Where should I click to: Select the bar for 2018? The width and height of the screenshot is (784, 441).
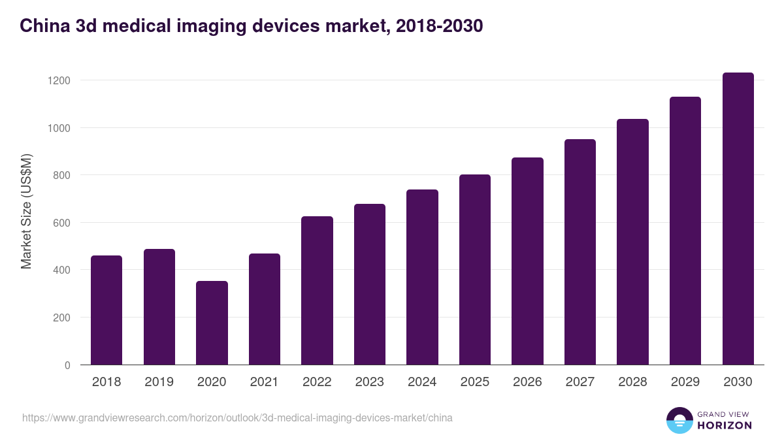tap(106, 310)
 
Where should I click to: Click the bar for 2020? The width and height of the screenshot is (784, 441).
tap(212, 323)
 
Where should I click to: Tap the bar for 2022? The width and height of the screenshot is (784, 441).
tap(317, 291)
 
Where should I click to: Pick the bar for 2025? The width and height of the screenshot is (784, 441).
tap(475, 270)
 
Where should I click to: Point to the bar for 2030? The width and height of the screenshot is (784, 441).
tap(738, 219)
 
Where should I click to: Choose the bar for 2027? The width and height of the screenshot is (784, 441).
tap(580, 252)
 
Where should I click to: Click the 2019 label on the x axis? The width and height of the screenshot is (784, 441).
tap(159, 382)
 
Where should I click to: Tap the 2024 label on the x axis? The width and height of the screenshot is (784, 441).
tap(422, 382)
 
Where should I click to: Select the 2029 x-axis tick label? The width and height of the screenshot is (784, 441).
tap(685, 382)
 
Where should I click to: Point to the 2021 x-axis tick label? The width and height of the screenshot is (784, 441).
tap(264, 382)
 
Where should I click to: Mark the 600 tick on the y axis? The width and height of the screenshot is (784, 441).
tap(61, 223)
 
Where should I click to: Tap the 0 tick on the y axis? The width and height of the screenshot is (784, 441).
tap(67, 365)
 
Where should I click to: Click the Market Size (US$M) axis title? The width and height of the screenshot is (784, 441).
tap(26, 211)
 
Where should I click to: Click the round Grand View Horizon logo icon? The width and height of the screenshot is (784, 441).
tap(679, 420)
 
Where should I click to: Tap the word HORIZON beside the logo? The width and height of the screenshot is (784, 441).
tap(725, 425)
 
